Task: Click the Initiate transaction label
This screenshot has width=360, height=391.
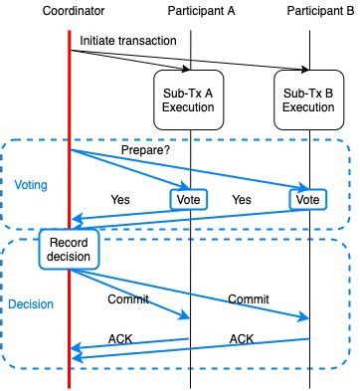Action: point(127,40)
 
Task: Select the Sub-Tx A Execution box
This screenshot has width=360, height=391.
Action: point(188,99)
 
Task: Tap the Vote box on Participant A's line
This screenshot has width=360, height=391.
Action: point(189,199)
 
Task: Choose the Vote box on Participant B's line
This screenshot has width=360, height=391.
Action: point(307,199)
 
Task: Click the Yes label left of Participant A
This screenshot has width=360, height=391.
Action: point(120,200)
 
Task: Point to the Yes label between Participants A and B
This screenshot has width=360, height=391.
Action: point(242,200)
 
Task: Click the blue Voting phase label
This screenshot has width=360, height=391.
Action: point(31,185)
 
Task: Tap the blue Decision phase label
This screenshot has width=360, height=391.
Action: point(32,304)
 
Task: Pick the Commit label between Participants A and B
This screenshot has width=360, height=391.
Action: point(248,298)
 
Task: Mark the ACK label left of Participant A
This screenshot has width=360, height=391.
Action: point(121,339)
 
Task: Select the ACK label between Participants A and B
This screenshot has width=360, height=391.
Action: point(243,339)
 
